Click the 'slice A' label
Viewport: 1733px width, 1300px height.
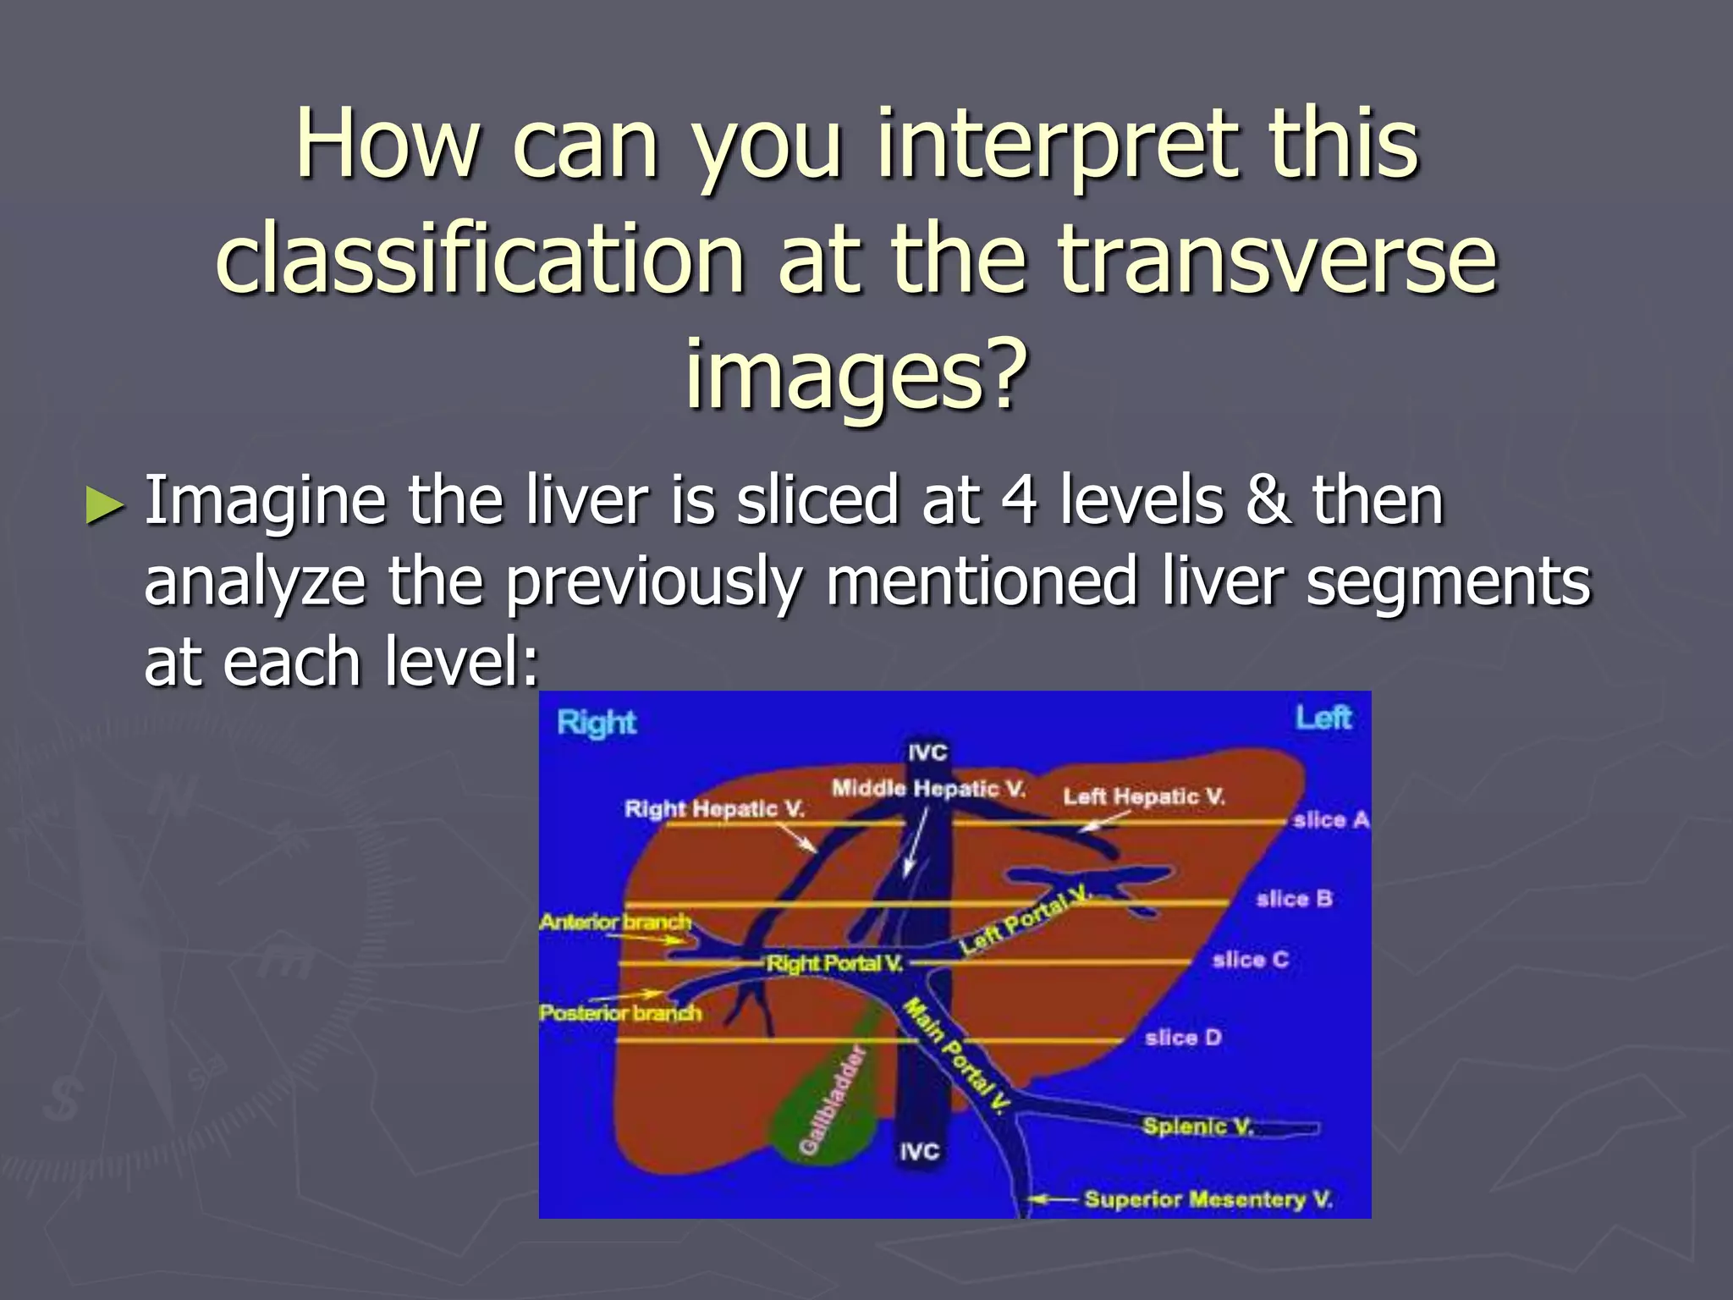1329,819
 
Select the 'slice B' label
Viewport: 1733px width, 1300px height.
1294,898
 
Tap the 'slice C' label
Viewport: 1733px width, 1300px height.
1250,959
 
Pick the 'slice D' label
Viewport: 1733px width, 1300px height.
1182,1037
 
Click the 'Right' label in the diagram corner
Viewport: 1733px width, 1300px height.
596,723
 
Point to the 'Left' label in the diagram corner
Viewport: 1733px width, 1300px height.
1323,718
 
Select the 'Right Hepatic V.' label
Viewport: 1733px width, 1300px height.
714,808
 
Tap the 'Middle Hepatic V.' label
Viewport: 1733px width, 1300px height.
927,789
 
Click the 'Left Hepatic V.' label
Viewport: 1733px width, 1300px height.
1143,796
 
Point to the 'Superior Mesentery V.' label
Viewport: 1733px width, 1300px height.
1208,1198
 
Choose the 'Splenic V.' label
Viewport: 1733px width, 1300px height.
1197,1126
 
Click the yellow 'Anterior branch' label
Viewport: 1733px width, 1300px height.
615,921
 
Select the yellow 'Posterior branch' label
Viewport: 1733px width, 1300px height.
619,1012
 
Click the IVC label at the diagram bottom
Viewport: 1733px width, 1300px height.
919,1151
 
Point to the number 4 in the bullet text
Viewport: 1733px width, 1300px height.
1019,500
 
